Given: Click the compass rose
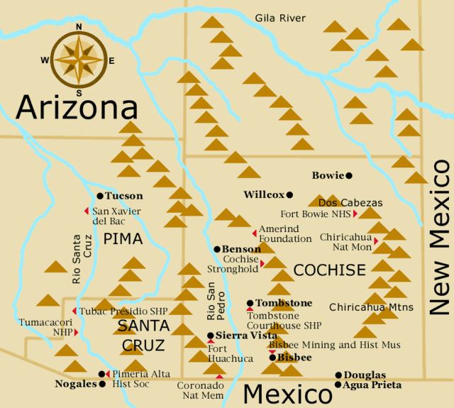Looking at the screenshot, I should coord(79,60).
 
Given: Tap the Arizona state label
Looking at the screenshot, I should coord(77,108).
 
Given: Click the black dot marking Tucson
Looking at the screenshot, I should coord(100,196).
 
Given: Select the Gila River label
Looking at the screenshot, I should coord(280,18).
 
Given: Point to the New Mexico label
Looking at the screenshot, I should coord(440,238).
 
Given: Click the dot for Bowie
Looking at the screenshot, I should coord(349,175).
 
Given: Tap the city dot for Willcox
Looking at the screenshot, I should coord(289,194).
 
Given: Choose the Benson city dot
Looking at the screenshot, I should coord(217,249).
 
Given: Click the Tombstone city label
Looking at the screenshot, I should coord(284,303).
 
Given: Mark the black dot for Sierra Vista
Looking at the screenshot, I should coord(210,336).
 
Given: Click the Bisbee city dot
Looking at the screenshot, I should coord(272,358).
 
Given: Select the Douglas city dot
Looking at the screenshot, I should coord(338,375).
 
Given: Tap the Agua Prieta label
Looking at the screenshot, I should coord(372,385).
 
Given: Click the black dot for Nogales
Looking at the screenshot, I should coord(102,384).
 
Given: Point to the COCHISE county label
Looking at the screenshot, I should coord(329,270).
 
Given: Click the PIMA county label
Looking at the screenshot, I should coord(123,239).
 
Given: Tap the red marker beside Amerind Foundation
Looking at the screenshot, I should coord(255,233).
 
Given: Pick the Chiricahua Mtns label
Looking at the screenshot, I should coord(375,307).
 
